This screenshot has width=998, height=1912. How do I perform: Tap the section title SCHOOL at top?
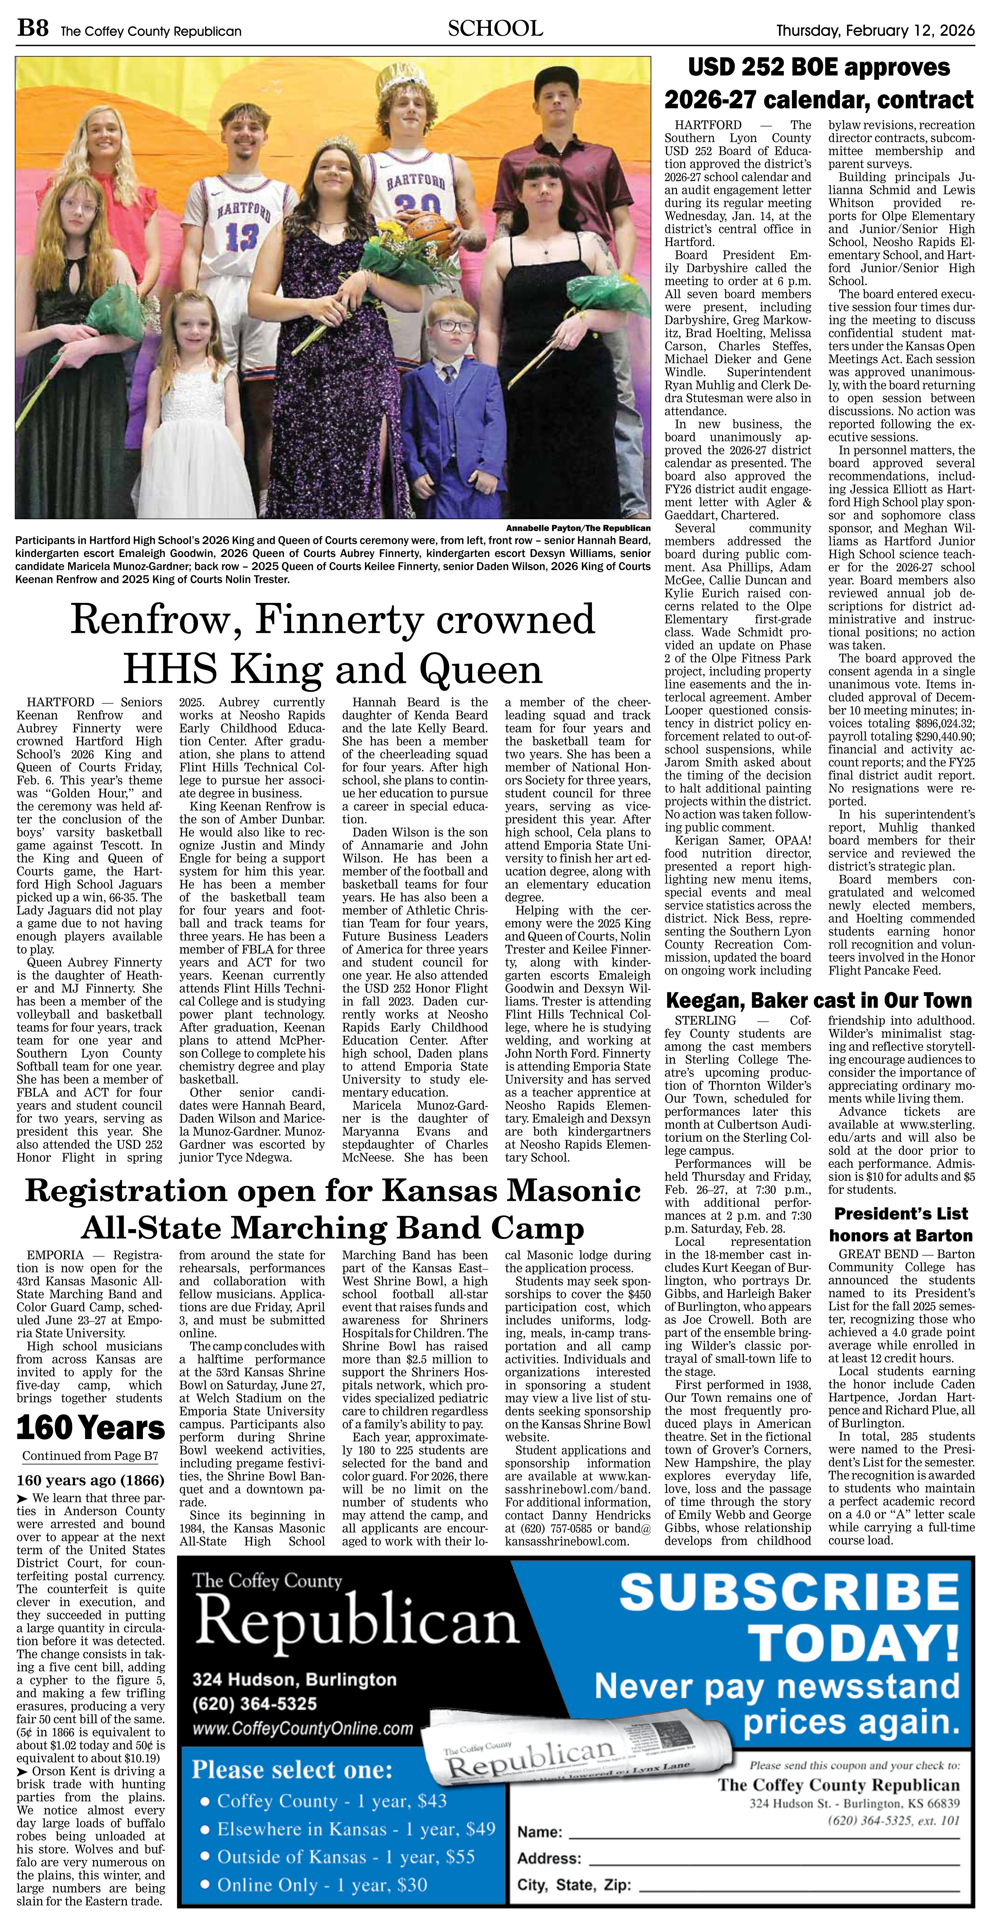click(x=495, y=29)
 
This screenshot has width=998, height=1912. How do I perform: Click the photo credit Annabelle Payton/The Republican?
click(x=577, y=528)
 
